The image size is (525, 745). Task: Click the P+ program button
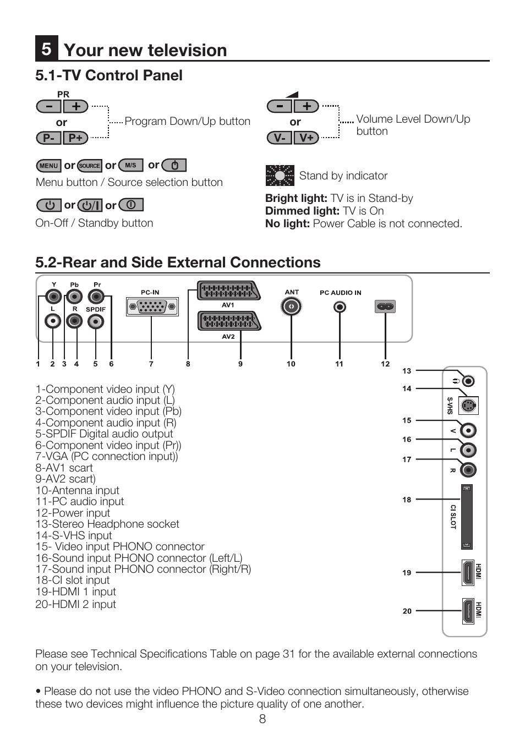(75, 138)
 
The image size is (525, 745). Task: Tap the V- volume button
(280, 138)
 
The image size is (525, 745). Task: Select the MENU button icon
(48, 166)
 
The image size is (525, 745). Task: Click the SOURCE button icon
(89, 166)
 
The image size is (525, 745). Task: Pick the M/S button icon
(130, 165)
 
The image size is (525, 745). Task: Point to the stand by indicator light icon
(280, 176)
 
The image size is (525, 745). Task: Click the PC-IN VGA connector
(152, 306)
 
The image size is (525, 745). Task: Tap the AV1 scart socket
(228, 291)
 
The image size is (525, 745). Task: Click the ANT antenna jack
(291, 306)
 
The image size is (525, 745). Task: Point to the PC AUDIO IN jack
(340, 306)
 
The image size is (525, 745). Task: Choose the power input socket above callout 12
(385, 306)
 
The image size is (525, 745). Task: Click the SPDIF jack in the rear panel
(96, 321)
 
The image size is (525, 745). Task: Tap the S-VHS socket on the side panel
(468, 406)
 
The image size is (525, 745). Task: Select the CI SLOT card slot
(467, 517)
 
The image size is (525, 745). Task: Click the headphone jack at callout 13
(468, 381)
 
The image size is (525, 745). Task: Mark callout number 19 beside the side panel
(407, 573)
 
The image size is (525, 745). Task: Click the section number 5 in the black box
(47, 48)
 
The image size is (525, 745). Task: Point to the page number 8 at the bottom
(262, 719)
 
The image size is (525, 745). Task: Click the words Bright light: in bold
(296, 199)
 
